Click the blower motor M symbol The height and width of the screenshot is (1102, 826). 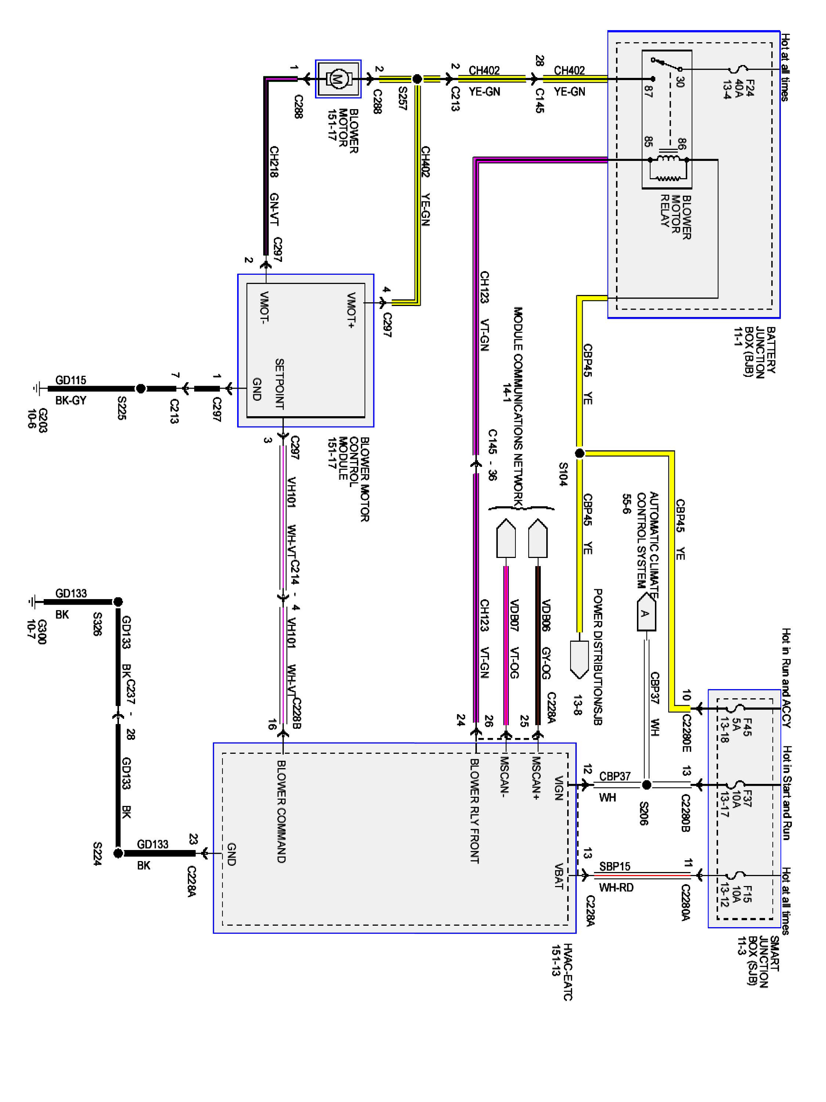(338, 79)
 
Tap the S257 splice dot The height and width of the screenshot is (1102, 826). (417, 79)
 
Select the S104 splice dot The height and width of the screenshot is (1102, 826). (579, 453)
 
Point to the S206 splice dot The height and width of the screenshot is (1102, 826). (646, 785)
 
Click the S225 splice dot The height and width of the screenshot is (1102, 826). (141, 389)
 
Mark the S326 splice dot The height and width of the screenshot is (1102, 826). (118, 602)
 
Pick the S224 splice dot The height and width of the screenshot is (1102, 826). (118, 853)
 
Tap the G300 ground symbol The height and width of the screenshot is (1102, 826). (32, 602)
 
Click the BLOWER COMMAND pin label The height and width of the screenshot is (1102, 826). (281, 812)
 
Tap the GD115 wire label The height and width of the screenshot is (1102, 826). (71, 380)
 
